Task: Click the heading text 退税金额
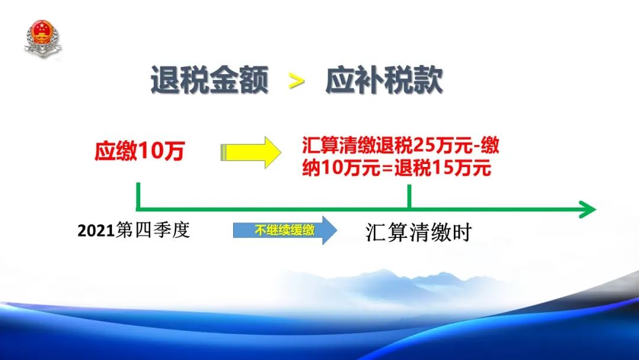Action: coord(209,80)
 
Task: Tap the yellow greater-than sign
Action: coord(296,81)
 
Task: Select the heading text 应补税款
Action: coord(384,80)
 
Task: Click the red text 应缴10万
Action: coord(140,151)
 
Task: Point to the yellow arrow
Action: coord(251,153)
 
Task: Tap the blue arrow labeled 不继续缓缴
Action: coord(285,230)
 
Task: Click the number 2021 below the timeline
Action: coord(96,231)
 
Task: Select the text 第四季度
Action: coord(153,230)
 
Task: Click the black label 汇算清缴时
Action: coord(418,232)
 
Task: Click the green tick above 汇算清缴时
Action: coord(409,197)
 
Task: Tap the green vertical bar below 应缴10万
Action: coord(138,196)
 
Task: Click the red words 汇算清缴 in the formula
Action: coord(338,146)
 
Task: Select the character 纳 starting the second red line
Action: coord(311,168)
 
